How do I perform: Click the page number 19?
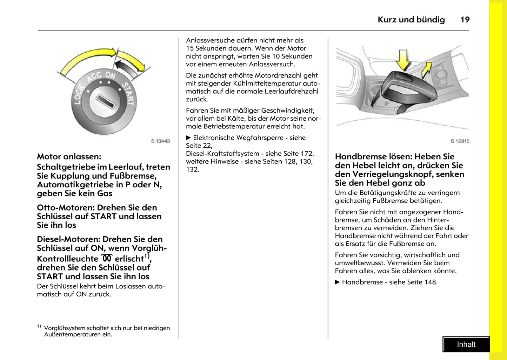pos(465,20)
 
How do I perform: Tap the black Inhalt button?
pos(466,344)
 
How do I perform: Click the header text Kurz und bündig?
pos(411,20)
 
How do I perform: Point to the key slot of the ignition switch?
pos(105,102)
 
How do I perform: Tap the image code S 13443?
pos(160,141)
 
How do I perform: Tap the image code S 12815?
pos(460,141)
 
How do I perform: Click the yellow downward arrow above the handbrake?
pos(403,60)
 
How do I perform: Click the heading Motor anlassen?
pos(69,156)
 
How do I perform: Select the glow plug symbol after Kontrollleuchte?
pos(107,258)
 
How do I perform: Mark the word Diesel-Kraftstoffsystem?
pos(222,154)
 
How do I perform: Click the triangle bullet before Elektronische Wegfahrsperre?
pos(188,138)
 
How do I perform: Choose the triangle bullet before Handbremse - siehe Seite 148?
pos(338,282)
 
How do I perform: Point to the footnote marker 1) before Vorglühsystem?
pos(39,326)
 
